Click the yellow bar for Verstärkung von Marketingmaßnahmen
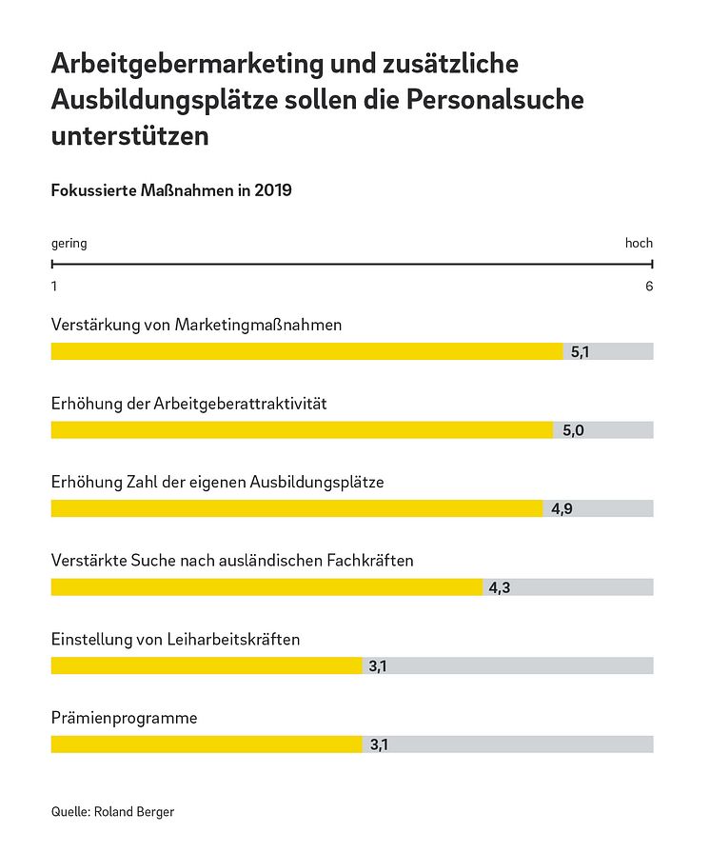click(306, 351)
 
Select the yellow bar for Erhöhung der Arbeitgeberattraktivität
click(302, 430)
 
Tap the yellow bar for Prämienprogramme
click(207, 744)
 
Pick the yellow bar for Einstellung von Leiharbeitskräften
click(207, 665)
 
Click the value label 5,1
click(581, 352)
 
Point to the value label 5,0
click(573, 430)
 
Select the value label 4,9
click(562, 509)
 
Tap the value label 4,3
click(500, 587)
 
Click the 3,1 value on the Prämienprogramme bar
click(378, 744)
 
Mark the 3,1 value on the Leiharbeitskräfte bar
click(378, 665)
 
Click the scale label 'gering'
click(69, 244)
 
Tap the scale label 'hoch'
click(639, 244)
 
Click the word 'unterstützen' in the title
click(129, 136)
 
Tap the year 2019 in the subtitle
click(272, 190)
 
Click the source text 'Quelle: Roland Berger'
click(112, 812)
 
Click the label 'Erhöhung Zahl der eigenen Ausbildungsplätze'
click(217, 483)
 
